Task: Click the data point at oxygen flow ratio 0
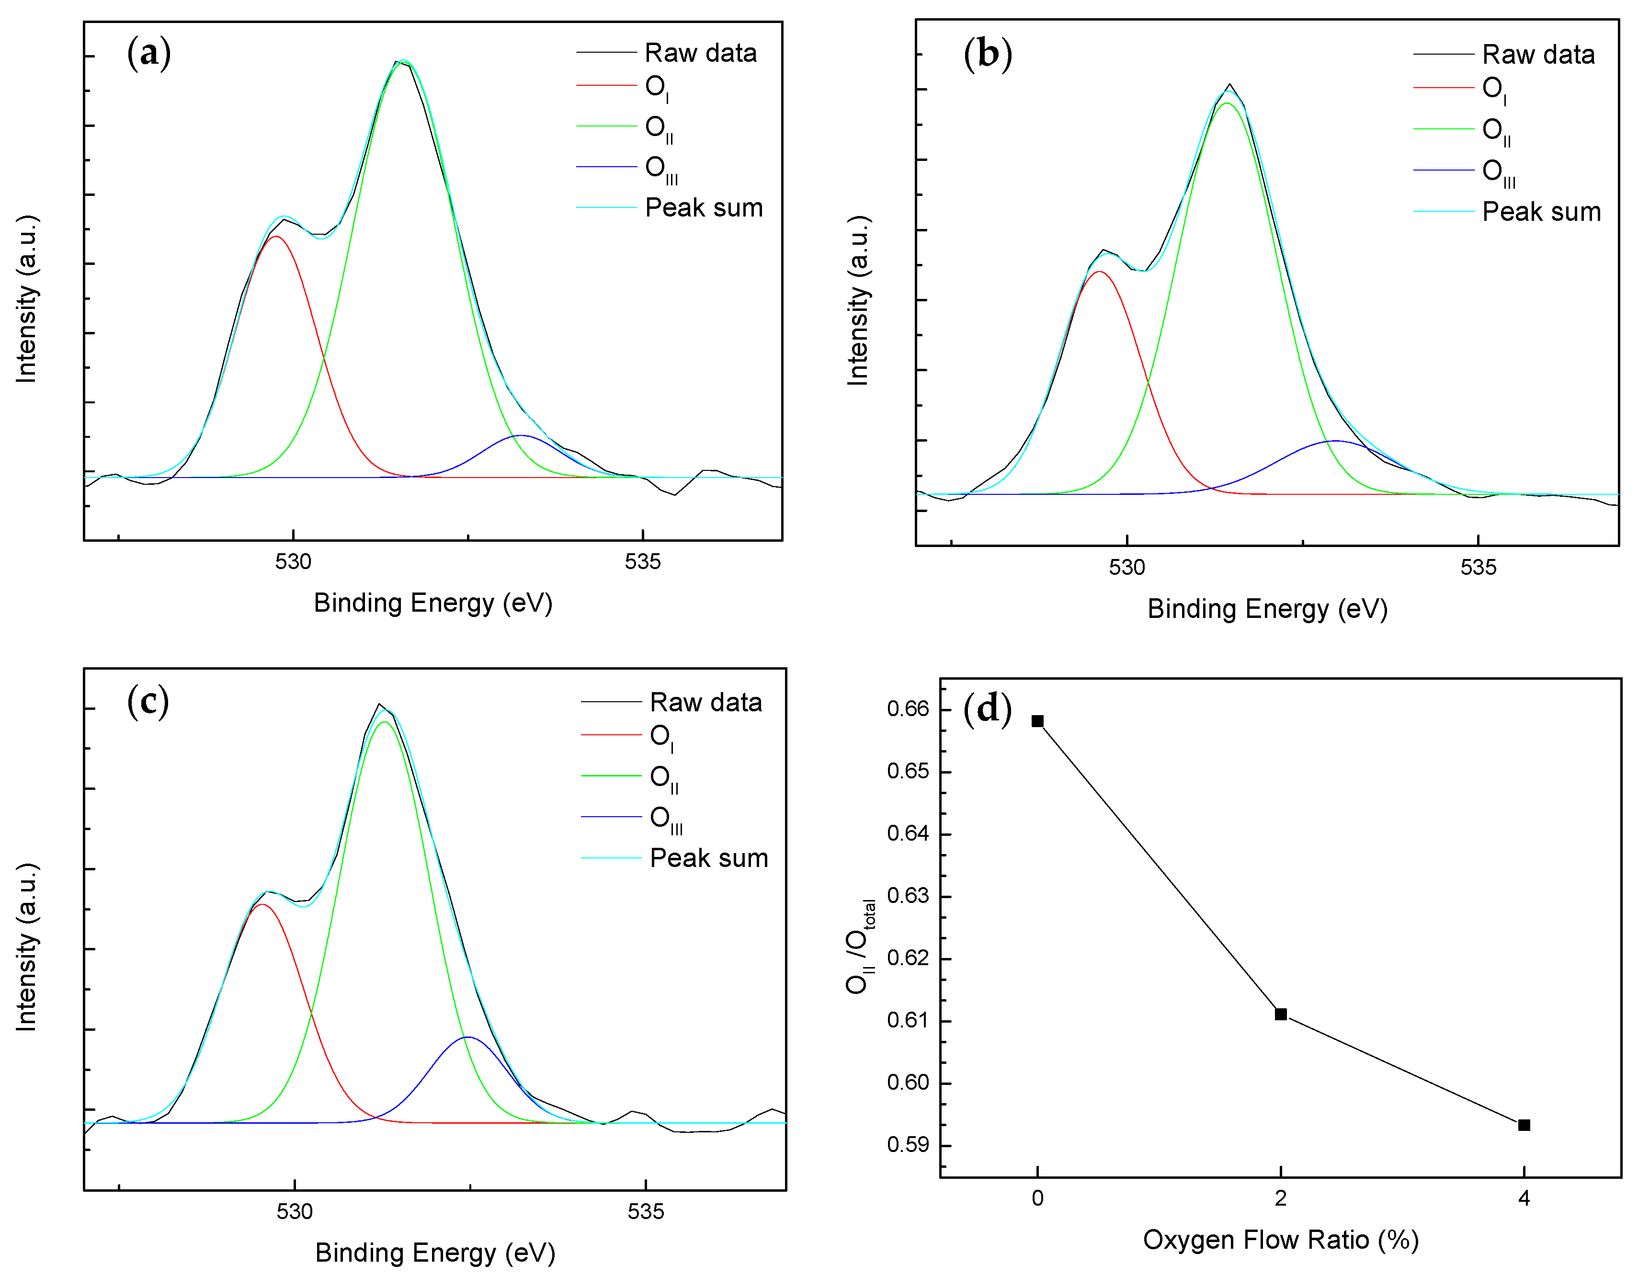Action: point(1037,721)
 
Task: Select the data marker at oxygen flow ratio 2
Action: point(1281,1015)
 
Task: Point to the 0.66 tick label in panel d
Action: point(908,709)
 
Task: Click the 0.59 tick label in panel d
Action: point(908,1145)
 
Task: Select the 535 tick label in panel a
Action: point(643,562)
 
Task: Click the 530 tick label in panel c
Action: point(294,1212)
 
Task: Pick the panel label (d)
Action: point(987,709)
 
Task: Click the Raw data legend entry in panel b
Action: point(1537,55)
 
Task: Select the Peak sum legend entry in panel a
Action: point(704,208)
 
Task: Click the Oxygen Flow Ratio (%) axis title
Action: point(1280,1240)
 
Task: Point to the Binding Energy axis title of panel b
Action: point(1267,608)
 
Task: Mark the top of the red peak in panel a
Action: point(277,236)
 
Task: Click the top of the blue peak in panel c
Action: point(468,1037)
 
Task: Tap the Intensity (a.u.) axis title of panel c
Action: point(26,947)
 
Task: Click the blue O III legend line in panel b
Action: point(1444,171)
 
